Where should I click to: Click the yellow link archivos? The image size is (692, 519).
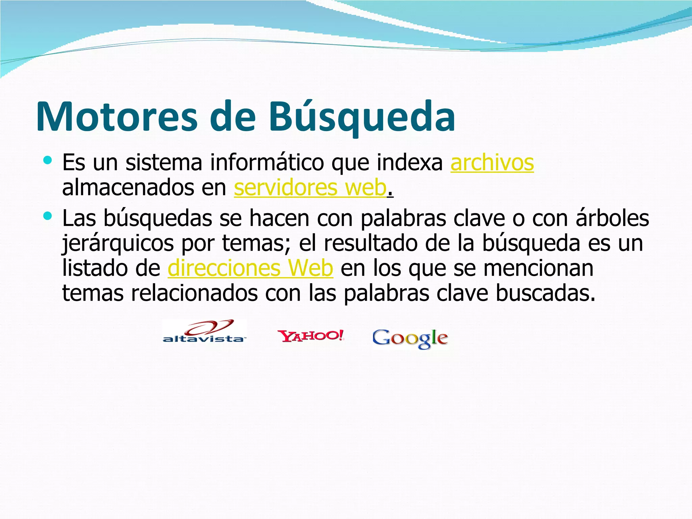point(492,163)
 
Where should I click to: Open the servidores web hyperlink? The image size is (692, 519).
point(310,188)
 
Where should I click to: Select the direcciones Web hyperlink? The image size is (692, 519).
point(250,268)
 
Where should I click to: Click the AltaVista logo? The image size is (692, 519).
point(204,332)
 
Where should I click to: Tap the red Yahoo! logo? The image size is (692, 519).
point(311,336)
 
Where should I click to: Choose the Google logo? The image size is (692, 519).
point(410,339)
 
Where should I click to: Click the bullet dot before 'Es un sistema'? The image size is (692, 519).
point(48,160)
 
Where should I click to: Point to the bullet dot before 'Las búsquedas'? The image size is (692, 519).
point(48,216)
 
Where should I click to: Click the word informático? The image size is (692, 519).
point(267,163)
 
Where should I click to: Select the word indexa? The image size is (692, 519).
point(410,163)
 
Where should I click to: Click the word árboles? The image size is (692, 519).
point(612,218)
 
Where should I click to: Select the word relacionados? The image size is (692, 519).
point(194,293)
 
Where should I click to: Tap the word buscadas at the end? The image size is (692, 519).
point(545,293)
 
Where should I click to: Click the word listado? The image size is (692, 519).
point(94,268)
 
